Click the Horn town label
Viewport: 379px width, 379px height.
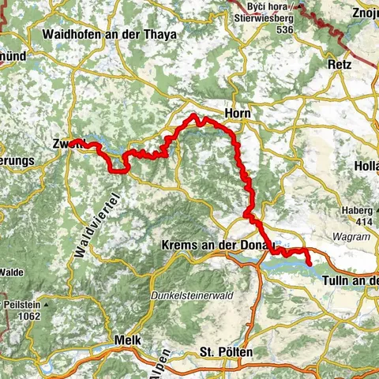(237, 114)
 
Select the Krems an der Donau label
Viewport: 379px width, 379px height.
(217, 246)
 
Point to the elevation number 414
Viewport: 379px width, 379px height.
(363, 222)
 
